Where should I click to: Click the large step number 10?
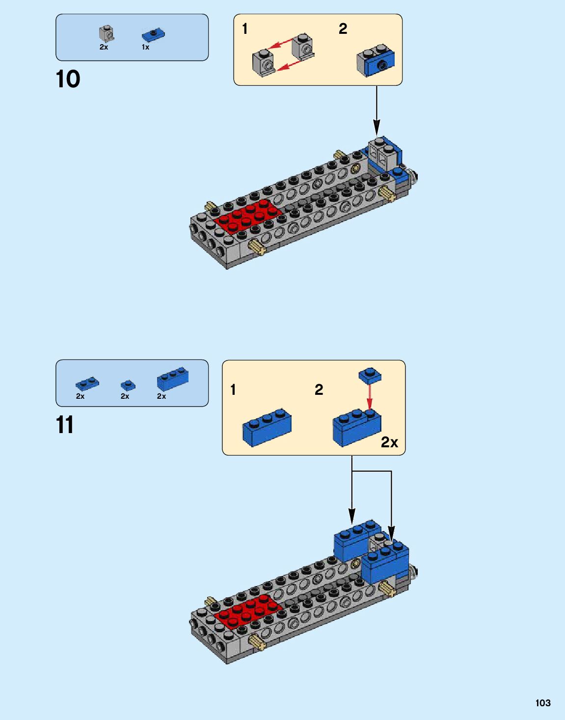68,79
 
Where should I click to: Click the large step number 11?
65,425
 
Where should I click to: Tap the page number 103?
542,703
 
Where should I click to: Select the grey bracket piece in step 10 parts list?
106,33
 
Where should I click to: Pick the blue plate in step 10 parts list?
153,35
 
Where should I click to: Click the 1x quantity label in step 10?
145,48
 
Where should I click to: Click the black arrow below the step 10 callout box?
377,110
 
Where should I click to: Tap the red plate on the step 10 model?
248,216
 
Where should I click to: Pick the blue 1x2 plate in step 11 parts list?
87,383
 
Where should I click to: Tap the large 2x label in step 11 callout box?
389,442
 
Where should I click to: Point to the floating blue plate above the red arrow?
370,375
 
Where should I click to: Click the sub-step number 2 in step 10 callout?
343,29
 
